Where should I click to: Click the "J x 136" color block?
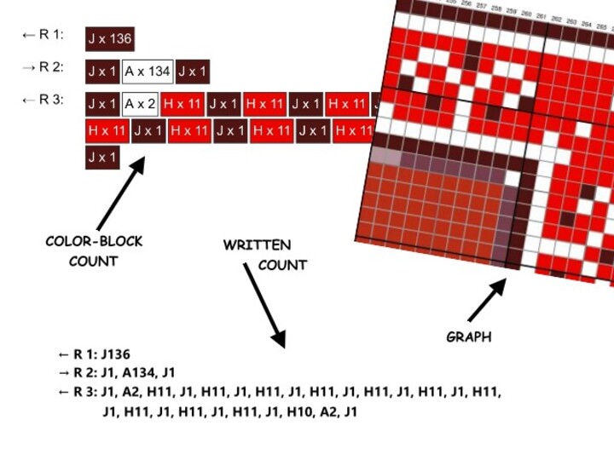[109, 39]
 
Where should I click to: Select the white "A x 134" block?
[147, 72]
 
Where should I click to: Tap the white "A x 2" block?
[140, 105]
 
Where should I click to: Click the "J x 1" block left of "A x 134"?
[101, 72]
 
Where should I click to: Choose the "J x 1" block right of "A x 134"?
[193, 72]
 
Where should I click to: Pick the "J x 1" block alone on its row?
[101, 158]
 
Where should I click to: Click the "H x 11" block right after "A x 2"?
[181, 105]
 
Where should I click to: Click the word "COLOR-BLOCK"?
[94, 242]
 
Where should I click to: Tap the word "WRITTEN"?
[257, 245]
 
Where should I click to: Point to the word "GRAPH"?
[468, 337]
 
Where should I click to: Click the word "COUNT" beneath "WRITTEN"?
[282, 265]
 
